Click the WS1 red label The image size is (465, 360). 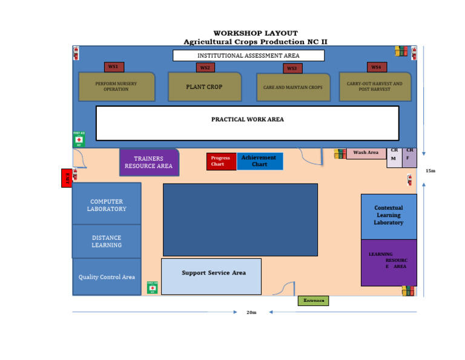[x=113, y=67]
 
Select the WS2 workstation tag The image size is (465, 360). [x=205, y=67]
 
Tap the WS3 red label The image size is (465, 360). [x=292, y=68]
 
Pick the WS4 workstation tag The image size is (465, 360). [x=376, y=67]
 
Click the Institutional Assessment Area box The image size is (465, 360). [x=248, y=56]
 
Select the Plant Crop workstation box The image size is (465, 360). [x=205, y=87]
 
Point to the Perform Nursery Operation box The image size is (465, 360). [x=116, y=87]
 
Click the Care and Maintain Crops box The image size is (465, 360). [x=293, y=87]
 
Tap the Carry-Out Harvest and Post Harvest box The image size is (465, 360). [x=375, y=87]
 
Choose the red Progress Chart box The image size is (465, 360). [x=221, y=161]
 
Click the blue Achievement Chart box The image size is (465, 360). [x=259, y=161]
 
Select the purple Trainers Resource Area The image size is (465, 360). [x=149, y=162]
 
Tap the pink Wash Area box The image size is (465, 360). [x=366, y=153]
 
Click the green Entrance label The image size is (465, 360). [x=313, y=301]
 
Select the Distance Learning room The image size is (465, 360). [x=107, y=241]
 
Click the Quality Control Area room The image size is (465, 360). [x=107, y=277]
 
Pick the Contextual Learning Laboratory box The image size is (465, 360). [x=389, y=216]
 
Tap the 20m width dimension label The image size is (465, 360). [x=251, y=313]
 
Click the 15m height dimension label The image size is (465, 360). [x=430, y=171]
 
